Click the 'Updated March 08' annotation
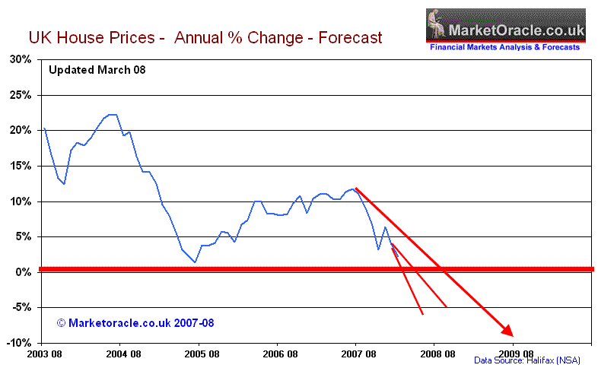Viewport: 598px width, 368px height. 97,70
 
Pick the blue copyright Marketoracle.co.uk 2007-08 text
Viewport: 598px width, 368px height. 135,322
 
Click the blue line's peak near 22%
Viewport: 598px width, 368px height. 112,115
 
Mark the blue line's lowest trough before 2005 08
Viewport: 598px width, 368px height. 196,262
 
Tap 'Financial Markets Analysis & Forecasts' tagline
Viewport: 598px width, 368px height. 505,47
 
